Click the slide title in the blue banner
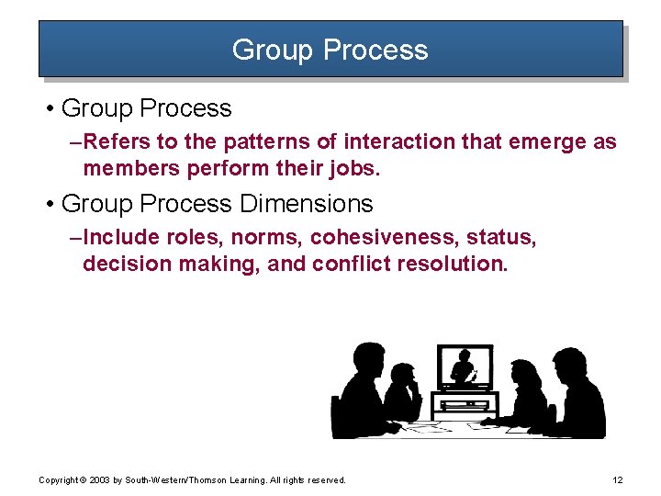coord(330,49)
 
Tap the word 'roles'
coord(194,238)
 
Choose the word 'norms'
coord(267,238)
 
